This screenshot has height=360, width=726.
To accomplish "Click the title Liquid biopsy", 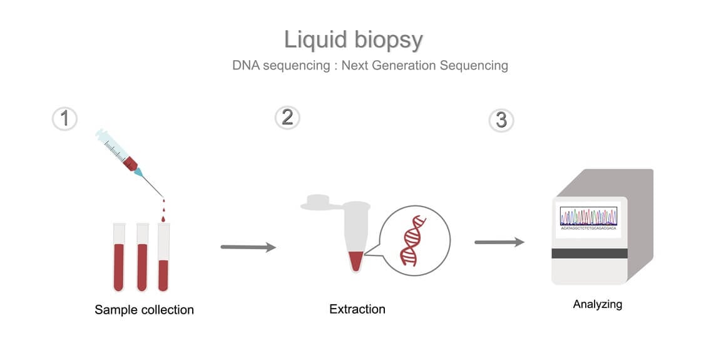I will [354, 39].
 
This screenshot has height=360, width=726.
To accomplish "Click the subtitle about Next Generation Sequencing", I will [370, 65].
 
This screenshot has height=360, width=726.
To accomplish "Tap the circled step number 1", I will [64, 118].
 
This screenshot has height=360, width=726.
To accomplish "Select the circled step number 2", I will [287, 118].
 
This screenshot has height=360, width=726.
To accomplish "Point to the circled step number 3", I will [501, 120].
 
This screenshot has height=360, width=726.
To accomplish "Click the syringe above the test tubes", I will [125, 157].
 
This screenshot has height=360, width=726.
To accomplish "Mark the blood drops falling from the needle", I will [165, 210].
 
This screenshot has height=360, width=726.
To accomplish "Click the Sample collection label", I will [144, 310].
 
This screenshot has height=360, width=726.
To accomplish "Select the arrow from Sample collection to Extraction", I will [248, 247].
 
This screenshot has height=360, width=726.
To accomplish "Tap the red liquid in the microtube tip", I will [355, 259].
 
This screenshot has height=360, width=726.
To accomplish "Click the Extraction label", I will [357, 309].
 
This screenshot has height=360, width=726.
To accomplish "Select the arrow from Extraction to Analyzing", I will [499, 242].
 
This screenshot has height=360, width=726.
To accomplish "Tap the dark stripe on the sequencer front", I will [589, 253].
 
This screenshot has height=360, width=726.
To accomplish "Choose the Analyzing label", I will [598, 304].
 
